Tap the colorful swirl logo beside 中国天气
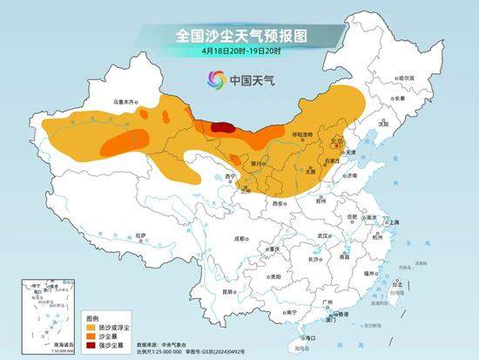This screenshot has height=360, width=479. click(214, 81)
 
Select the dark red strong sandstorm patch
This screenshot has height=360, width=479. click(223, 127)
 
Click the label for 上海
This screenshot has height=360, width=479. click(394, 222)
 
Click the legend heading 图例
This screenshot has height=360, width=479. click(93, 315)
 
